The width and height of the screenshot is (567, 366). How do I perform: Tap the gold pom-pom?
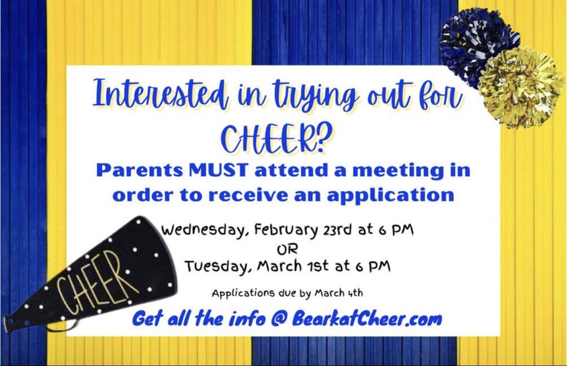pyautogui.click(x=520, y=88)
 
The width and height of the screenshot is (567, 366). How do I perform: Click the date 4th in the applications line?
pyautogui.click(x=355, y=293)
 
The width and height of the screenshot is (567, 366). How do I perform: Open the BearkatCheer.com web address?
pyautogui.click(x=367, y=319)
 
